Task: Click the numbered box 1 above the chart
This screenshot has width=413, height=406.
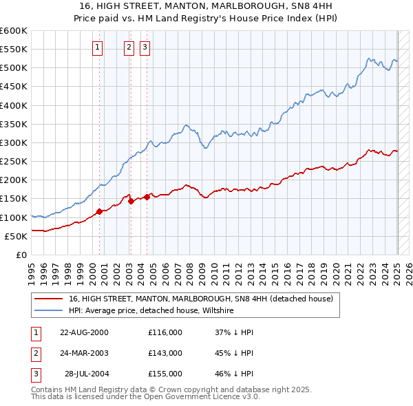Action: coord(97,47)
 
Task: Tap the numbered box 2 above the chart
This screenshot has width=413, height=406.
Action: coord(129,47)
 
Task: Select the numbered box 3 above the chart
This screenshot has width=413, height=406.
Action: coord(145,47)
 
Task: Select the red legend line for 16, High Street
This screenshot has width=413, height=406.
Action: coord(48,299)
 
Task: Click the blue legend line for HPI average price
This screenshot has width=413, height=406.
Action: coord(48,310)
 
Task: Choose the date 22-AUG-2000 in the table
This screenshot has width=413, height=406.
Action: coord(84,332)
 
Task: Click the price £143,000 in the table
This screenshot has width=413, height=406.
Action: coord(165,353)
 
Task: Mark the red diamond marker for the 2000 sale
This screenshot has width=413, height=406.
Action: coord(99,211)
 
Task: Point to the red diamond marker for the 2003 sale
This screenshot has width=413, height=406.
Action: coord(131,201)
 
